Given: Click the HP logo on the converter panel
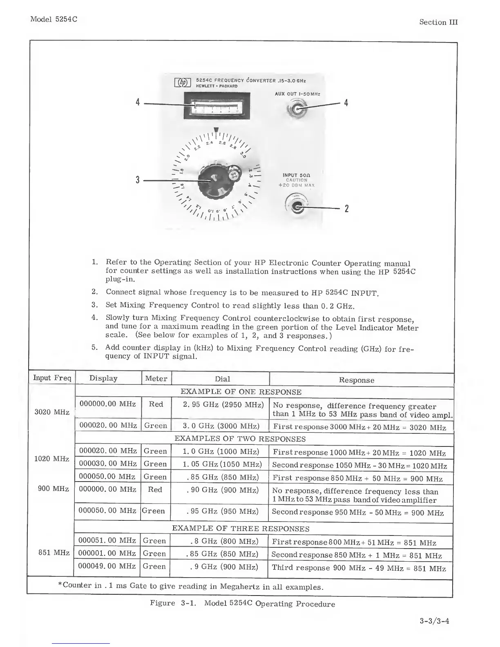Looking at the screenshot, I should [183, 83].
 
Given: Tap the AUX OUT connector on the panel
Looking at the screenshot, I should [297, 109].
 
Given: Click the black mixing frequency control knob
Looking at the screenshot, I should [216, 180].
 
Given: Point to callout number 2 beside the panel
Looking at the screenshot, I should [346, 209].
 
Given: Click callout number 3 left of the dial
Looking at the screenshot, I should [138, 180].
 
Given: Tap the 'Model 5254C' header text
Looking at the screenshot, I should [54, 20].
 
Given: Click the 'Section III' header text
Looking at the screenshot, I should [438, 22].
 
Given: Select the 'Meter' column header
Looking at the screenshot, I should [156, 379].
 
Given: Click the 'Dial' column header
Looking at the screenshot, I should [222, 379].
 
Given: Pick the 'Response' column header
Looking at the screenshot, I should [356, 380].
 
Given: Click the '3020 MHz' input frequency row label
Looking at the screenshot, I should [52, 412].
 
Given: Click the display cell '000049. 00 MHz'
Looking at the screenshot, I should [107, 566].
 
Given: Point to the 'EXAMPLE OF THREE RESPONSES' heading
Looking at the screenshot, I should [241, 528].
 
